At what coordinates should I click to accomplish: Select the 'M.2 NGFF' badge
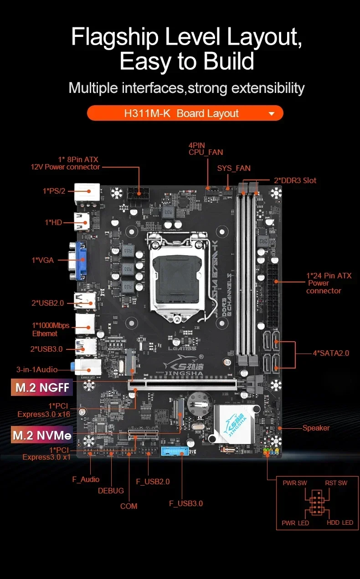[42, 388]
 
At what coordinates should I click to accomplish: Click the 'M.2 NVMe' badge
[42, 435]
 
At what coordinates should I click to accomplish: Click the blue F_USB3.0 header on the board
[173, 451]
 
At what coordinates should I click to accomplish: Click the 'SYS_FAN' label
[234, 168]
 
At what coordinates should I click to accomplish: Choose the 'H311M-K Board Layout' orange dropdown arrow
[272, 113]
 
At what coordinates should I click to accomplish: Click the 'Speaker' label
[316, 428]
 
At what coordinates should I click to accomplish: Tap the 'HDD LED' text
[340, 523]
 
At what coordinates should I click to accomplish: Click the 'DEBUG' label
[111, 491]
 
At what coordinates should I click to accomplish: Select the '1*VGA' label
[42, 260]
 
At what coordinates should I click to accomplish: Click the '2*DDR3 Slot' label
[295, 180]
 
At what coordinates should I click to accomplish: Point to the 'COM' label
[129, 506]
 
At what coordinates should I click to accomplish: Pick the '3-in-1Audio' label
[37, 369]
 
